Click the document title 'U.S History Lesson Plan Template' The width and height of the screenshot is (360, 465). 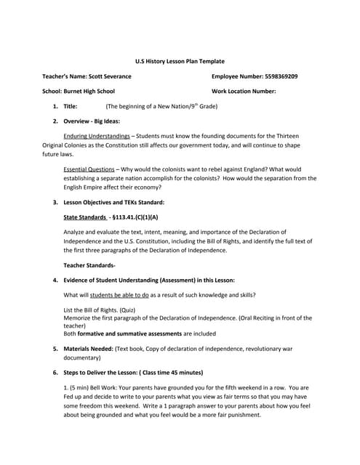pyautogui.click(x=180, y=62)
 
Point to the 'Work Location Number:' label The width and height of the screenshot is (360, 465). pyautogui.click(x=244, y=92)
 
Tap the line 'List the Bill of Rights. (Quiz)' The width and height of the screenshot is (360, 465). pyautogui.click(x=102, y=310)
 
